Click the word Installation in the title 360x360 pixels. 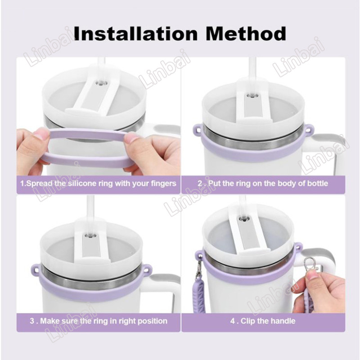(136, 34)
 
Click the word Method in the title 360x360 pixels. (246, 34)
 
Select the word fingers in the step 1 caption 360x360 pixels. (164, 184)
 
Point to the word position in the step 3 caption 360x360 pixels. (152, 321)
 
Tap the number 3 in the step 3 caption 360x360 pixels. (32, 321)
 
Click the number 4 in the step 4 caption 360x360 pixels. (233, 321)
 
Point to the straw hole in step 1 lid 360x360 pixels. (100, 83)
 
